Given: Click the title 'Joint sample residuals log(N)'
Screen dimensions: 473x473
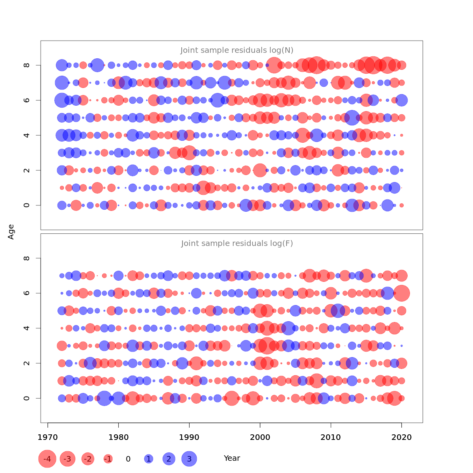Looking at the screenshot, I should pos(237,50).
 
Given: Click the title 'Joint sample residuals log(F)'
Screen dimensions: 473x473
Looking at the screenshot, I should pos(237,243).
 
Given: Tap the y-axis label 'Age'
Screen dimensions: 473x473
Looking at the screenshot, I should pos(11,232).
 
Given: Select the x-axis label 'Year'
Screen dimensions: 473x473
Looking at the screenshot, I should pos(232,458).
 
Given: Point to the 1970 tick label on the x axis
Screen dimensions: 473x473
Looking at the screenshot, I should pos(48,437).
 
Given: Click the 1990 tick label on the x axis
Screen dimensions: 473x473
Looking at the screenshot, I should pos(189,437).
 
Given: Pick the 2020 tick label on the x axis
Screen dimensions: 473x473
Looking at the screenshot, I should pos(402,437).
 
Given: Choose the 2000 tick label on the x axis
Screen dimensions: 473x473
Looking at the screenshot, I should pos(260,437).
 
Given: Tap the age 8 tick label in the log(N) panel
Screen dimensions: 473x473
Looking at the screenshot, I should pos(27,65).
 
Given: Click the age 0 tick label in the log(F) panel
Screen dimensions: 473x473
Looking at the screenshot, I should pos(27,398).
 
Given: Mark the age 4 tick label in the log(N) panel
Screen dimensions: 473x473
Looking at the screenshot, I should pos(27,135).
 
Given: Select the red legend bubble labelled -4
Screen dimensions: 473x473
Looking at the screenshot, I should pos(47,459).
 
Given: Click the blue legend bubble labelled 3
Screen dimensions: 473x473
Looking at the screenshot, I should pos(189,459).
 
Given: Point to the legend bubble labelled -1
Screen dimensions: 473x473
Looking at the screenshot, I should pos(108,459).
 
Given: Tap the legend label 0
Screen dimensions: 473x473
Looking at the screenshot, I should pos(128,459).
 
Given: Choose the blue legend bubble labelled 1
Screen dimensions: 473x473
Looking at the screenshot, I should pos(149,459).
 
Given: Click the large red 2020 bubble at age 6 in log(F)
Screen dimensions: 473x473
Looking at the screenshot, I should pos(402,293).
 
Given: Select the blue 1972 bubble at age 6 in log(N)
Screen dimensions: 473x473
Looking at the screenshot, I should pos(61,100).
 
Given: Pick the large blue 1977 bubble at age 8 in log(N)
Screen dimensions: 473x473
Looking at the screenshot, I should pos(97,65).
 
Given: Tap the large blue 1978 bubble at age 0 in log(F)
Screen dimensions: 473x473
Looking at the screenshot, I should pos(104,398).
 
